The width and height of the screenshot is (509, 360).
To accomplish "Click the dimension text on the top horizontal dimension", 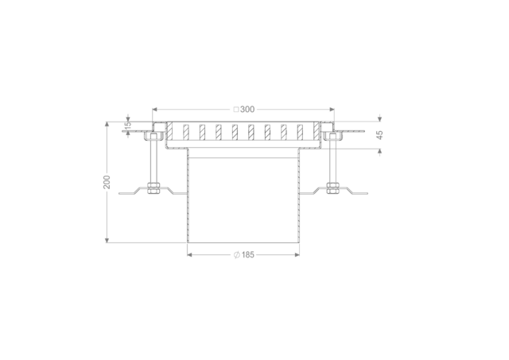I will pos(243,110).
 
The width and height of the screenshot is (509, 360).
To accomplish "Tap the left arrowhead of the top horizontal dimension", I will pos(155,110).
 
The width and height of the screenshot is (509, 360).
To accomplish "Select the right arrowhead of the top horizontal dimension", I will pos(332,110).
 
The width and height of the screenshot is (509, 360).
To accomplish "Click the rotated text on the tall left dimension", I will pos(107,182).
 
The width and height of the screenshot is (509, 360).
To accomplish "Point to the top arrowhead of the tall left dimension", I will pos(107,126).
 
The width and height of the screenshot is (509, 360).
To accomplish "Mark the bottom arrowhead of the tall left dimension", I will pos(107,238).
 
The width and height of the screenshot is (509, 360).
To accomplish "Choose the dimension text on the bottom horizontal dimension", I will pos(244,254).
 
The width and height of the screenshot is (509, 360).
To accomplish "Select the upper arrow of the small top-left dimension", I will pos(128,117).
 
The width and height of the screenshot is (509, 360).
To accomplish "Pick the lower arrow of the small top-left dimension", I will pos(128,134).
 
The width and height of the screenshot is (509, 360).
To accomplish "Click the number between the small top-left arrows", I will pos(128,125).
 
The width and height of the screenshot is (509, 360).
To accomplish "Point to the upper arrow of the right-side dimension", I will pos(379,118).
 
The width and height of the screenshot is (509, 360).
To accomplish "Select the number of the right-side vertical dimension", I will pos(379,135).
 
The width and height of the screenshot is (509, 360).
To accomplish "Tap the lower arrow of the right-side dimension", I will pos(379,153).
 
